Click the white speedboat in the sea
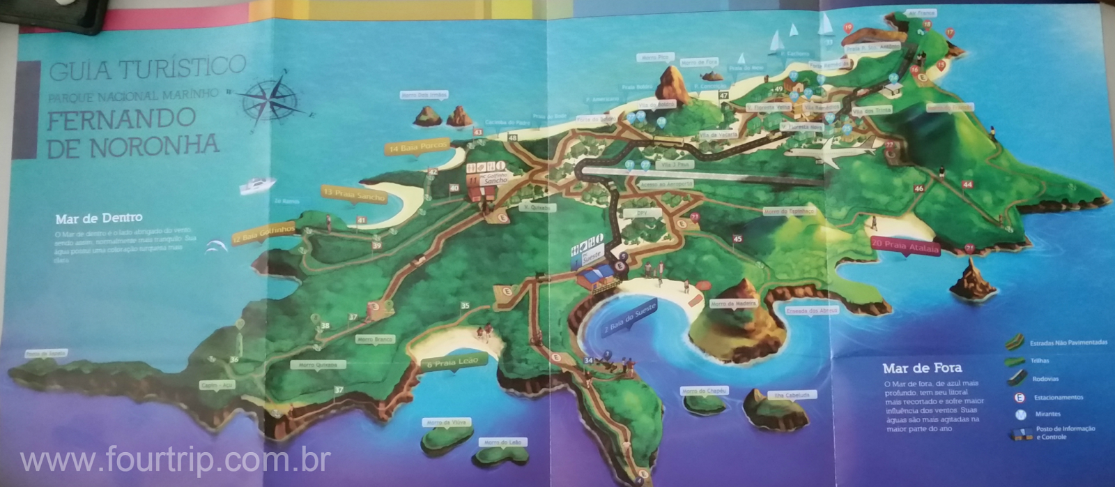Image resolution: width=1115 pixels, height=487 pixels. (257, 186)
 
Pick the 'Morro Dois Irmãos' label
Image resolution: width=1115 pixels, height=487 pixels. (424, 94)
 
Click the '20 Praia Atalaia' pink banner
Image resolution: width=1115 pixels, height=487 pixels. (905, 248)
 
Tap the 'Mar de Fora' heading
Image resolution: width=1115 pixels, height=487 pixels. (921, 368)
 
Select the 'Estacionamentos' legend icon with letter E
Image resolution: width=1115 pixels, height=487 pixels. (1020, 398)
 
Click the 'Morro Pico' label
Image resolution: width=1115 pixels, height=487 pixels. (654, 57)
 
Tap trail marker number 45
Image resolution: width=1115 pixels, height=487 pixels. (737, 239)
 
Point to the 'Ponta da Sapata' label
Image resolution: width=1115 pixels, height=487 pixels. (47, 354)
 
